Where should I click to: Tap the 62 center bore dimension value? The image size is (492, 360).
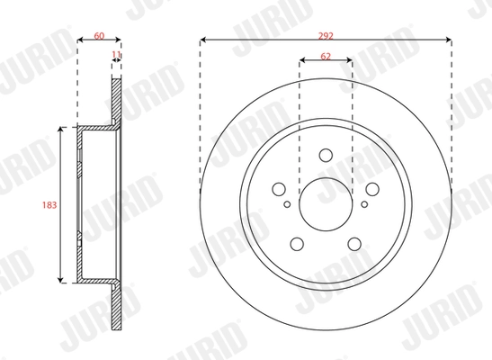325,56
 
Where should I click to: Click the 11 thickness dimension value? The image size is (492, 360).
115,56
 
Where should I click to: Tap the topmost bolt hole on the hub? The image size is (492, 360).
325,163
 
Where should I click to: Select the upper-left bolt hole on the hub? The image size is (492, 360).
279,190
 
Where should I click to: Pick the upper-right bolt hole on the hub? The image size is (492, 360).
371,190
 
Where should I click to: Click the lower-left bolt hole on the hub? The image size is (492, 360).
296,243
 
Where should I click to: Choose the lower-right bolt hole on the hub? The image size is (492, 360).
353,243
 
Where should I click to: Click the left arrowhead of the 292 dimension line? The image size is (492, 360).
202,40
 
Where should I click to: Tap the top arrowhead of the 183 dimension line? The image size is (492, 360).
60,130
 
